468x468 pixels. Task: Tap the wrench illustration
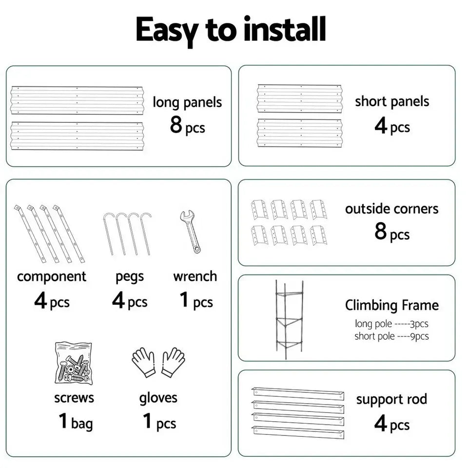tap(190, 231)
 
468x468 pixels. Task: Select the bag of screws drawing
tap(73, 363)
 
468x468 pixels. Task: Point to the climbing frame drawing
tap(288, 319)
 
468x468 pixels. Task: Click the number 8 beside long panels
tap(176, 124)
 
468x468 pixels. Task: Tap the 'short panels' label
tap(392, 102)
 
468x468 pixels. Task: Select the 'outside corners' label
tap(392, 209)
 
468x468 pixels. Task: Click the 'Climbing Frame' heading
tap(392, 306)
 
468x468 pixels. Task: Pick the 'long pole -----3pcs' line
tap(392, 324)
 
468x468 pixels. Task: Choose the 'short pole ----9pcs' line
tap(392, 336)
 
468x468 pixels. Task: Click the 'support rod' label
tap(391, 399)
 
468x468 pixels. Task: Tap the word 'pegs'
tap(130, 277)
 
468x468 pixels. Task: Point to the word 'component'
tap(52, 276)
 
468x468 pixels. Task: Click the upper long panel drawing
tap(77, 100)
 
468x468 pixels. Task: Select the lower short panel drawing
tap(300, 133)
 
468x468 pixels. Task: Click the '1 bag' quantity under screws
tap(75, 422)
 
